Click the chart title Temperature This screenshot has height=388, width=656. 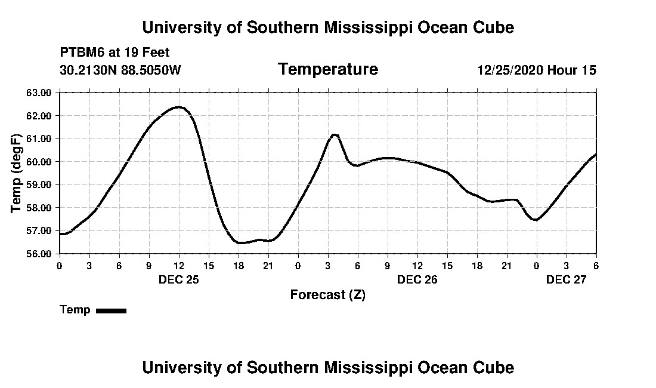[327, 70]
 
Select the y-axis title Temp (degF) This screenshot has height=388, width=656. [17, 173]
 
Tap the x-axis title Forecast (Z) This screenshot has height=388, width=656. [327, 295]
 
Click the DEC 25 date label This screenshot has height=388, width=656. [178, 279]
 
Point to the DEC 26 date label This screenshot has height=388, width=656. [417, 279]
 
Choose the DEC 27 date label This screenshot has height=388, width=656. [566, 279]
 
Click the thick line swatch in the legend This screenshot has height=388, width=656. [111, 310]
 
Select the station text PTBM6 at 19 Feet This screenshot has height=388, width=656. [115, 53]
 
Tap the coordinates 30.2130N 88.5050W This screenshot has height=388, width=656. [120, 70]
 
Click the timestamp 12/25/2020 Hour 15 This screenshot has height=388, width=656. [536, 70]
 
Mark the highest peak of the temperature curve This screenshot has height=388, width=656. [178, 107]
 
